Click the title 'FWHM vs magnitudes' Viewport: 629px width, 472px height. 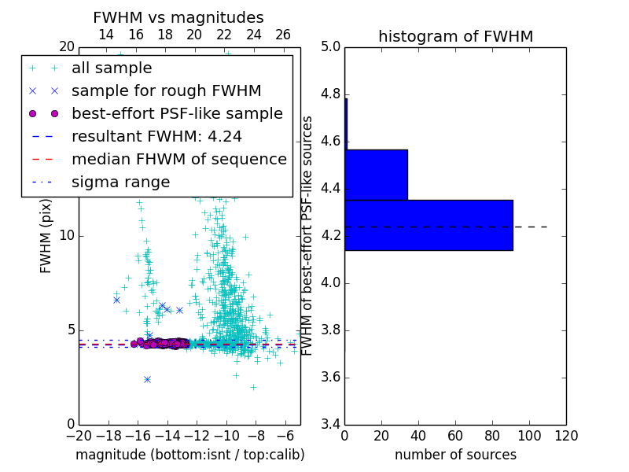tap(178, 18)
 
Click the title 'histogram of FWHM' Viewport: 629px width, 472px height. tap(455, 36)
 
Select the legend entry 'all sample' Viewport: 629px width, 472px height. tap(112, 68)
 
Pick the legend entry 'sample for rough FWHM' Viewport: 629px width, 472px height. tap(167, 90)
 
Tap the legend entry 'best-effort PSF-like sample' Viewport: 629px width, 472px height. tap(177, 113)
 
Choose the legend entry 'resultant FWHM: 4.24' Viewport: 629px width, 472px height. tap(156, 136)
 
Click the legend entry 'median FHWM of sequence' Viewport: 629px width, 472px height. tap(179, 159)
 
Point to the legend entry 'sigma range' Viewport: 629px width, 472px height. tap(120, 182)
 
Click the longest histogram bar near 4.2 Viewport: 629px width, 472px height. tap(429, 225)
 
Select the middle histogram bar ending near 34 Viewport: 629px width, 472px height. tap(376, 175)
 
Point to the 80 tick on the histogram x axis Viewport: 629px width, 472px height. tap(492, 435)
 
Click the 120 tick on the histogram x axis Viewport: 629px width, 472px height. tap(566, 435)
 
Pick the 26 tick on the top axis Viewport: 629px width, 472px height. tap(283, 35)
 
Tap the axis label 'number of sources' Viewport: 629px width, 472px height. tap(455, 455)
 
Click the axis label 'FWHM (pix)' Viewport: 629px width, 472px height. tap(46, 236)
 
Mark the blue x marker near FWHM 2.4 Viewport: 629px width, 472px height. tap(147, 379)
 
